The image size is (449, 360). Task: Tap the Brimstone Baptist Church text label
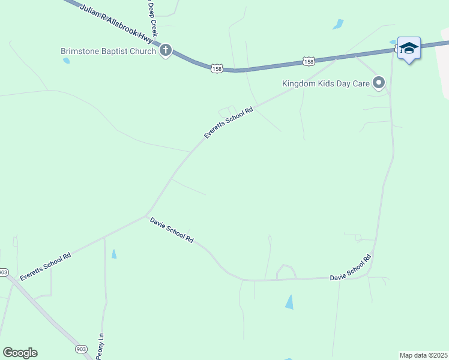click(x=109, y=51)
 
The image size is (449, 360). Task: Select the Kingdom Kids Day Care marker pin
click(x=379, y=83)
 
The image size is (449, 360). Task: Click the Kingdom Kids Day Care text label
click(x=325, y=83)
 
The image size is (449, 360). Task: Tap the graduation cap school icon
click(x=409, y=48)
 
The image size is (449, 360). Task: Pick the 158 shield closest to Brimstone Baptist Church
click(x=217, y=69)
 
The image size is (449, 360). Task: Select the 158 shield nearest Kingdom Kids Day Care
click(x=309, y=61)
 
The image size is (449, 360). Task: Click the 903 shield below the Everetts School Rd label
click(x=4, y=272)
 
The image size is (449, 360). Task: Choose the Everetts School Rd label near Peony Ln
click(x=46, y=266)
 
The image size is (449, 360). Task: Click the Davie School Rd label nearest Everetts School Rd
click(x=172, y=230)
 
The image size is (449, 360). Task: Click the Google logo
click(x=20, y=353)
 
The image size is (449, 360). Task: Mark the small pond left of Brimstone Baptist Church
click(x=66, y=61)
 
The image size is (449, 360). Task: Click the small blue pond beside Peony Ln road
click(x=114, y=254)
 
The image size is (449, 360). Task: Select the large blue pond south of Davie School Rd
click(x=290, y=302)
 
